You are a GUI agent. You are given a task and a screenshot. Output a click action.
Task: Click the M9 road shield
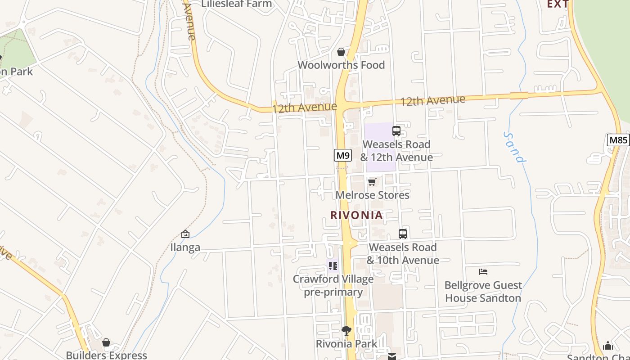343,156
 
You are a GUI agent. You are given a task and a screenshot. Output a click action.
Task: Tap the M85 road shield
618,140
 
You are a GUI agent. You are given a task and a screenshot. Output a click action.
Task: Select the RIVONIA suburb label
356,215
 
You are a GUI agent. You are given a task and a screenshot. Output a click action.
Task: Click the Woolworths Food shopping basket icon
341,52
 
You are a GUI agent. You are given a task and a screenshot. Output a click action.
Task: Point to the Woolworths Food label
341,65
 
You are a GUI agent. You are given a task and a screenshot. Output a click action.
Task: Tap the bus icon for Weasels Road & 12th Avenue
396,131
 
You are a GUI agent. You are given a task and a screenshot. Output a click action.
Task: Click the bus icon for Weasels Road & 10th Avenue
403,234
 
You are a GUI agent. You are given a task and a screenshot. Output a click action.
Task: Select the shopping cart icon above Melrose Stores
372,182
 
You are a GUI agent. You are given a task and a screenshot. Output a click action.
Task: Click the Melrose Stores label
373,195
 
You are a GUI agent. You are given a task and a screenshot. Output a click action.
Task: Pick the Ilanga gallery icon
185,234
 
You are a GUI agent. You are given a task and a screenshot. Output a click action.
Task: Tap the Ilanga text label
185,247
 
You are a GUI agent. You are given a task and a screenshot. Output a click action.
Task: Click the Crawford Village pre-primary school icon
333,266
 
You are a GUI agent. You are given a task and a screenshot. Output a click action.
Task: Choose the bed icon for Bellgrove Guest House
483,272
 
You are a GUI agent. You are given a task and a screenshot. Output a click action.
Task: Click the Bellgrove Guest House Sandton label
483,292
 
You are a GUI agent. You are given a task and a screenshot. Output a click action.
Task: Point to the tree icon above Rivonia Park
346,331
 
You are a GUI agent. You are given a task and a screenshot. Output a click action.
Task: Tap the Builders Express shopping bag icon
106,343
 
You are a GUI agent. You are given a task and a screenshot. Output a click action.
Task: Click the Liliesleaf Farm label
237,4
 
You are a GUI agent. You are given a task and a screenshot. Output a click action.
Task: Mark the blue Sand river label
514,148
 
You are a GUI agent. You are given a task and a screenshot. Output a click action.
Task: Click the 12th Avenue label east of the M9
432,100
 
